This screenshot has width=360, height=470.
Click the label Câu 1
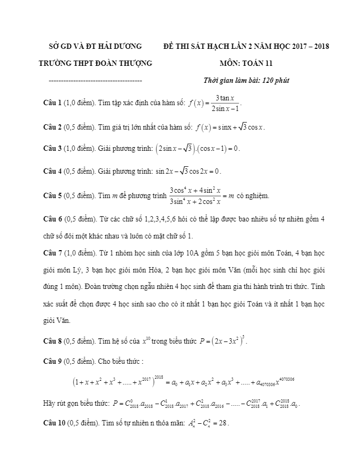pyautogui.click(x=53, y=102)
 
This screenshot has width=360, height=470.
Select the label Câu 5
pyautogui.click(x=53, y=195)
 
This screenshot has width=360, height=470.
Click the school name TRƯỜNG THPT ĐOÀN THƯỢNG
pyautogui.click(x=96, y=63)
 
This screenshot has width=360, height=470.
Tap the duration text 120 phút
pyautogui.click(x=275, y=81)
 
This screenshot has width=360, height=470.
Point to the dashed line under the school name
pyautogui.click(x=95, y=81)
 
